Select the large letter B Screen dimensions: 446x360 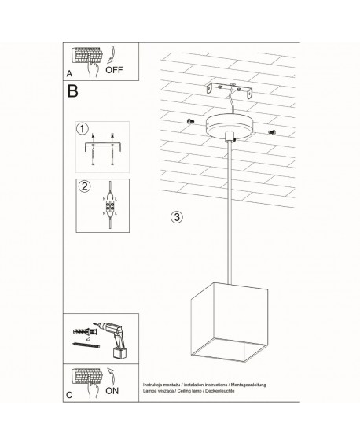coord(73,93)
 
